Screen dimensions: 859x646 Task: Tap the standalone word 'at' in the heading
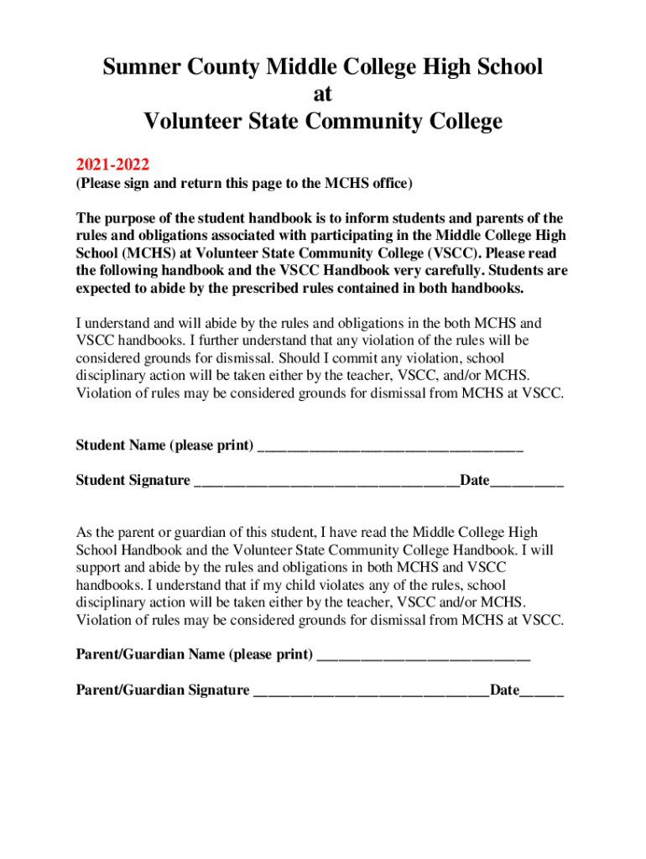[323, 94]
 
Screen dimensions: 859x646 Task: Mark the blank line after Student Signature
[326, 482]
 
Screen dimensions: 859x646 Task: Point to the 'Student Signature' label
[133, 481]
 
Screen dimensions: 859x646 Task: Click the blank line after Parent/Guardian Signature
[372, 692]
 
